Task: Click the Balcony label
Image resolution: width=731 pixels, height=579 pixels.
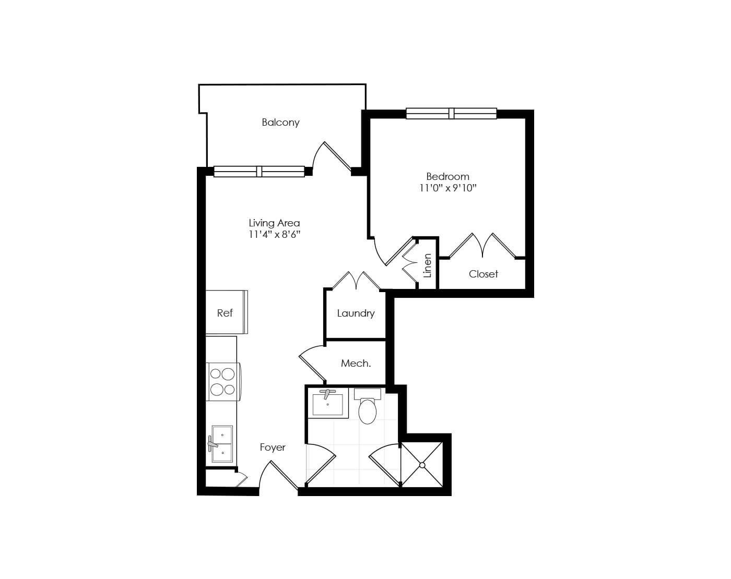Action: [x=280, y=123]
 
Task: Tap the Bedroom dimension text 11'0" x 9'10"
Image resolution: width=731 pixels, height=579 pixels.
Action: [x=447, y=188]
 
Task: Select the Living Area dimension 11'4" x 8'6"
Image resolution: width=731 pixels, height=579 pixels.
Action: [x=275, y=234]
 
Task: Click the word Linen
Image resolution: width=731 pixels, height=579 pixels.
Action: [x=427, y=266]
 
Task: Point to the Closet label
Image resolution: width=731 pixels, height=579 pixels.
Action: [x=483, y=274]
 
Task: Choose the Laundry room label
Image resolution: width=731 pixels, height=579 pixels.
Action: [x=356, y=313]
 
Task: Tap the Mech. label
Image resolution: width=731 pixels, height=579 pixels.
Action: [x=356, y=363]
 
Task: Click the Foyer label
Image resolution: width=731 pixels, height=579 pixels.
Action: [x=273, y=448]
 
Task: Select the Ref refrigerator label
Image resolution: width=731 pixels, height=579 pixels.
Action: [x=225, y=312]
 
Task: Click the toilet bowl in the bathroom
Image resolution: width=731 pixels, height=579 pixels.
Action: [x=368, y=411]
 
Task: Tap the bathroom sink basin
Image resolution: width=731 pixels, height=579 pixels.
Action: [x=327, y=404]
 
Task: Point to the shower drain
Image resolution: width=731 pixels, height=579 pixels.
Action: [x=422, y=465]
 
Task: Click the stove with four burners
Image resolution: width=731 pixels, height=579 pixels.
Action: [x=223, y=381]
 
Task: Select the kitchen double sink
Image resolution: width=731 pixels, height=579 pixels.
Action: [x=222, y=444]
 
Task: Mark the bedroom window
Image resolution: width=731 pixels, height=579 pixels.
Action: [x=452, y=113]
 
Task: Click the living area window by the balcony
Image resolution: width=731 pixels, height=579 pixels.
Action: [x=259, y=172]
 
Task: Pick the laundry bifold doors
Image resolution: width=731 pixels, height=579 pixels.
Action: [x=356, y=280]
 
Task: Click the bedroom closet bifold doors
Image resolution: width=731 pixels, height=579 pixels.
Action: [x=482, y=245]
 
